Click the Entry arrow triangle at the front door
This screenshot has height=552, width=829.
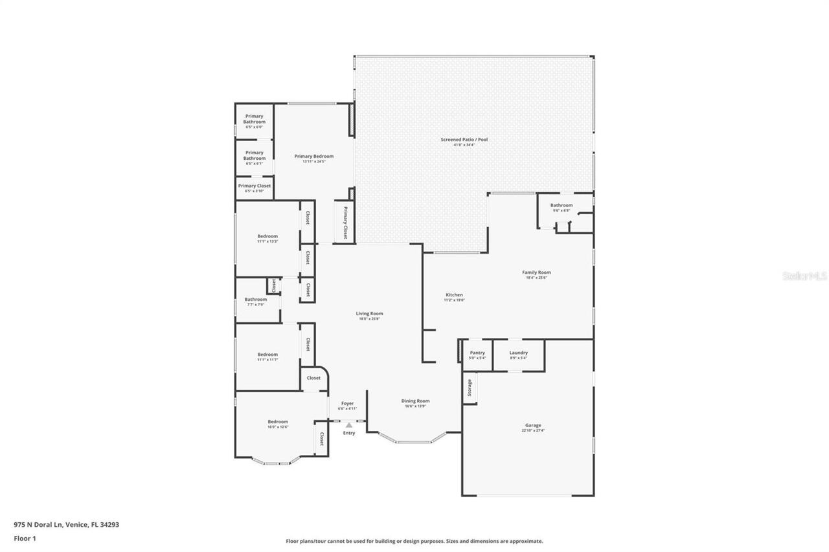pyautogui.click(x=349, y=425)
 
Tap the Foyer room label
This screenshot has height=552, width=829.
pyautogui.click(x=348, y=403)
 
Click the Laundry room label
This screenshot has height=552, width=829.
pyautogui.click(x=518, y=353)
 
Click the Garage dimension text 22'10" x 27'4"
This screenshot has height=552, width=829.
pyautogui.click(x=533, y=430)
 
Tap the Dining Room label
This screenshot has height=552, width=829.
pyautogui.click(x=415, y=401)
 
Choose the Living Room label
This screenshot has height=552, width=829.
pyautogui.click(x=370, y=314)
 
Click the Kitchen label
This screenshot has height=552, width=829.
pyautogui.click(x=454, y=294)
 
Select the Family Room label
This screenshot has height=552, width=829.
pyautogui.click(x=536, y=272)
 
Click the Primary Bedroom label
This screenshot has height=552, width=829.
pyautogui.click(x=314, y=156)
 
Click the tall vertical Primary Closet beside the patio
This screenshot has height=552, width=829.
pyautogui.click(x=345, y=223)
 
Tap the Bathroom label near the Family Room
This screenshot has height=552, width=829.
pyautogui.click(x=562, y=205)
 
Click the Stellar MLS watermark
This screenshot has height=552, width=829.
pyautogui.click(x=804, y=276)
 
